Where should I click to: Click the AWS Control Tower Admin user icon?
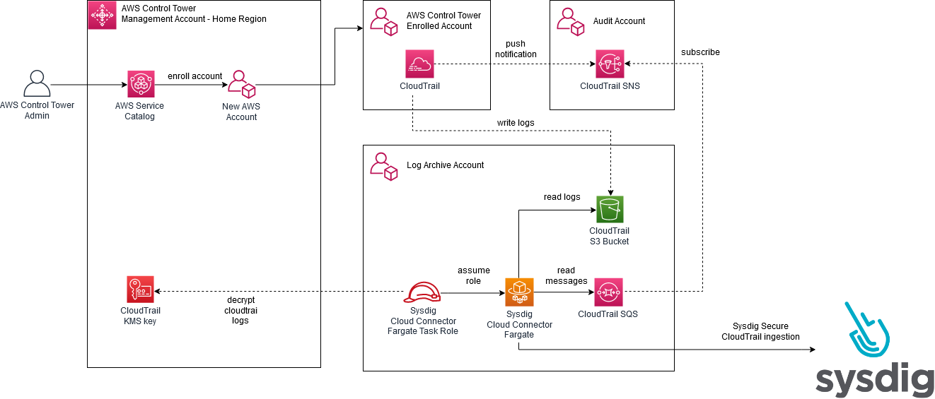pos(37,84)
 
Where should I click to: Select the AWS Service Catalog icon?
pos(141,84)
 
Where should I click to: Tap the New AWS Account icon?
pos(241,84)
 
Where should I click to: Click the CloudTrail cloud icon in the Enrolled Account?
pos(419,64)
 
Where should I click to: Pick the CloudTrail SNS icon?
pos(609,64)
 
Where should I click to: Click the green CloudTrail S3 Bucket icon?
pos(609,210)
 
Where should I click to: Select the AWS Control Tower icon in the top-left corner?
pos(102,15)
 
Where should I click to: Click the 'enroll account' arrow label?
pos(194,76)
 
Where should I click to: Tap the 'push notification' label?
pos(516,49)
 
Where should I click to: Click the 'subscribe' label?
pos(700,52)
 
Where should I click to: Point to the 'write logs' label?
pos(516,123)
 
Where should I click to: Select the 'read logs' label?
pos(562,197)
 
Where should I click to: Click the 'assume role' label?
pos(473,275)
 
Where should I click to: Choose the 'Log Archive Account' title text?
pos(445,165)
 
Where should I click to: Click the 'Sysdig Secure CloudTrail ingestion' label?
pos(760,331)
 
